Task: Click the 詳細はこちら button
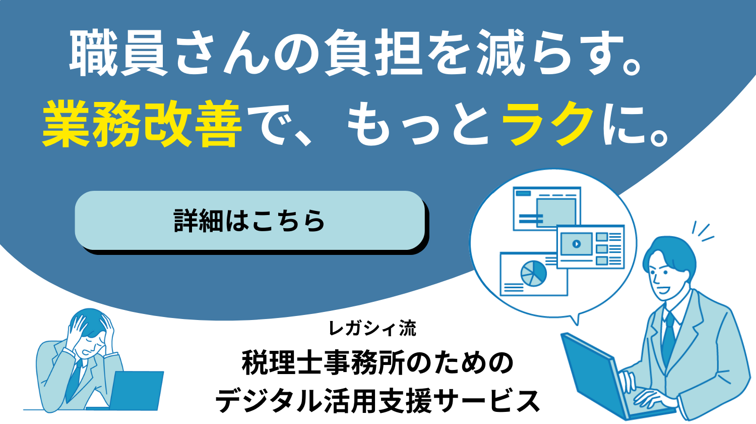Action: click(x=250, y=221)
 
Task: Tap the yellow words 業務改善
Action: click(x=142, y=124)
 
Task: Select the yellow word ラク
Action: click(x=547, y=124)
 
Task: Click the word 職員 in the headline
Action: click(x=118, y=53)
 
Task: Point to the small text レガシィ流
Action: click(x=372, y=328)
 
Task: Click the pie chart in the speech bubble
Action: click(x=533, y=273)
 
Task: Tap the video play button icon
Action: click(x=577, y=243)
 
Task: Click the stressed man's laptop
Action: click(x=137, y=391)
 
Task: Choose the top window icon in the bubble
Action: click(x=547, y=208)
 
